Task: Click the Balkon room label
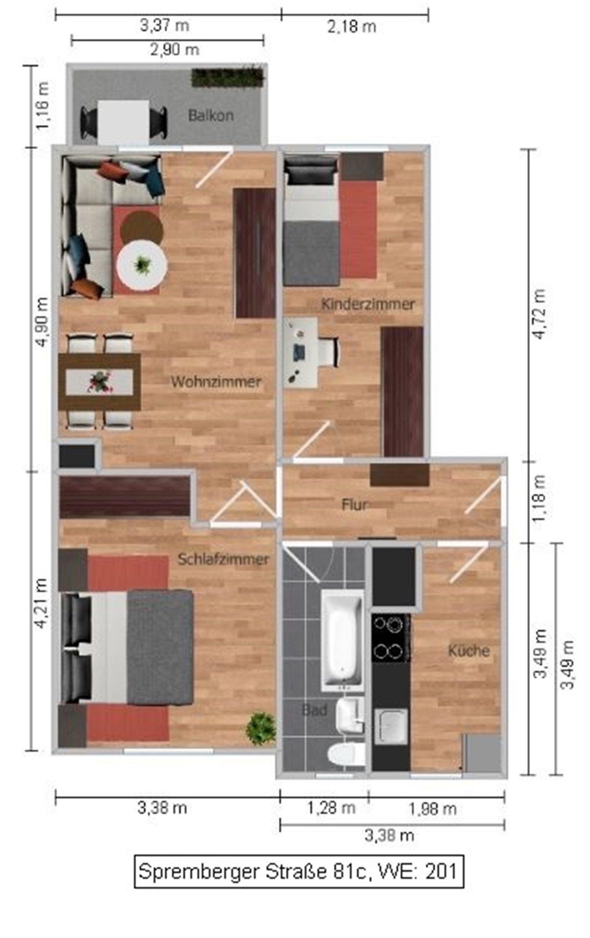coord(211,115)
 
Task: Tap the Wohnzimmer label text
coord(216,382)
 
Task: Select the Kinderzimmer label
coord(368,304)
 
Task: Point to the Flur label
coord(354,505)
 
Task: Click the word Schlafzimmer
coord(223,560)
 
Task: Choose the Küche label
coord(468,650)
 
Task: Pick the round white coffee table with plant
coord(142,265)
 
